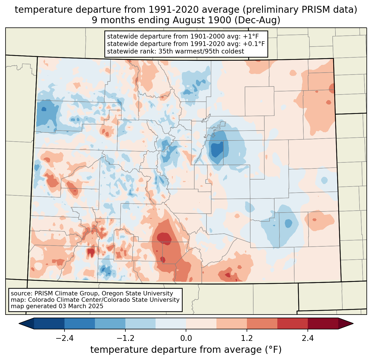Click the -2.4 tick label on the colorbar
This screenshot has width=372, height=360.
point(64,338)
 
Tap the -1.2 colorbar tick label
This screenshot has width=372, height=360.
point(125,338)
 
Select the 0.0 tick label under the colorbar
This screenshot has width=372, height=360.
point(186,338)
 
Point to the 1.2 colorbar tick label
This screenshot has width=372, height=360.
point(247,338)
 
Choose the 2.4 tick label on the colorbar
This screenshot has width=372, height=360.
point(308,338)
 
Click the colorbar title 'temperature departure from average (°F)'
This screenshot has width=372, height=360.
point(186,350)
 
